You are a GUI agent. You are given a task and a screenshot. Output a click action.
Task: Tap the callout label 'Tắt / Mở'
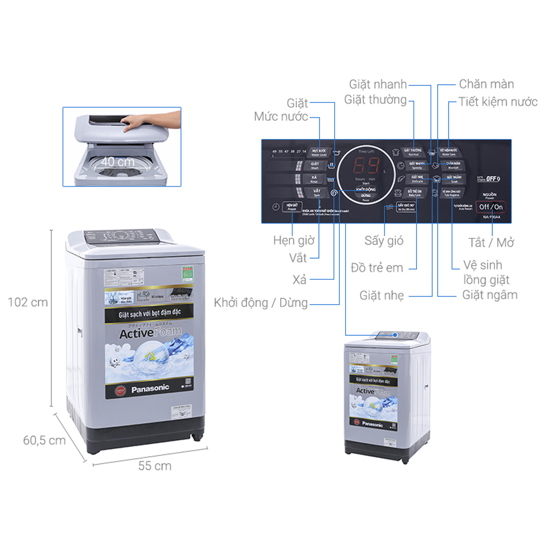click(491, 242)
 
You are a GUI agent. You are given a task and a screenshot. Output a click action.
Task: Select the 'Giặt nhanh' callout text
click(378, 84)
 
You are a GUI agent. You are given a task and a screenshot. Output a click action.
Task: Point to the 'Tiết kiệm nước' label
click(498, 102)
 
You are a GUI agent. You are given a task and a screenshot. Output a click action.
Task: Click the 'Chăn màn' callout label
click(486, 84)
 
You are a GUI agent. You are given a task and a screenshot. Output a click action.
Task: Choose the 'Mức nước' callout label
click(281, 117)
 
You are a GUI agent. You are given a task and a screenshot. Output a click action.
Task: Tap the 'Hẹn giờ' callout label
click(294, 240)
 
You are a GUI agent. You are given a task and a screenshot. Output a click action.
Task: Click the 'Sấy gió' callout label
click(383, 241)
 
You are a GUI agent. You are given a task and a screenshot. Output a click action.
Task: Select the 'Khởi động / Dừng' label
click(260, 302)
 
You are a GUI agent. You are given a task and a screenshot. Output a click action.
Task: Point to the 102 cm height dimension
click(28, 302)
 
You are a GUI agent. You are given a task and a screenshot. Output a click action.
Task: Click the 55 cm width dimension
click(154, 466)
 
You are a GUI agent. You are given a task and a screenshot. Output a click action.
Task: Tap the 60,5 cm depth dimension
click(44, 440)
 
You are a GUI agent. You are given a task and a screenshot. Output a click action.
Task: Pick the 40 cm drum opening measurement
click(117, 162)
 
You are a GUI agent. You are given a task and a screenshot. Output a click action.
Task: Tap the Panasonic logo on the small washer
click(373, 423)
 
